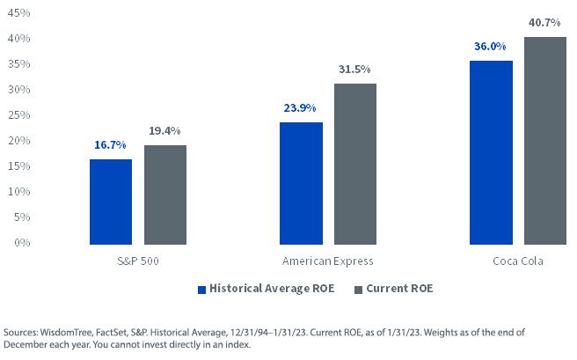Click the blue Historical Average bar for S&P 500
111,202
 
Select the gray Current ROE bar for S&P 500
165,195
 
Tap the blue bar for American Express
301,183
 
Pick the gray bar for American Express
355,164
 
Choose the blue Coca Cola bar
491,152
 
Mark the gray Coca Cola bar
545,141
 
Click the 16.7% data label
110,144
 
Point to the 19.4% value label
164,130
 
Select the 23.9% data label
300,108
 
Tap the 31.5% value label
354,70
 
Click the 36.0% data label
490,47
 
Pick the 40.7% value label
544,23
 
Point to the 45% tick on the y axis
18,13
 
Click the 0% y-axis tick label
22,243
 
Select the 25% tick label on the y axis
18,114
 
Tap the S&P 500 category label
138,261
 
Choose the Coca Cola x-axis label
518,261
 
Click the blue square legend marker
201,290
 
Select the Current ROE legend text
399,288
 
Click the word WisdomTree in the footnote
66,333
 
